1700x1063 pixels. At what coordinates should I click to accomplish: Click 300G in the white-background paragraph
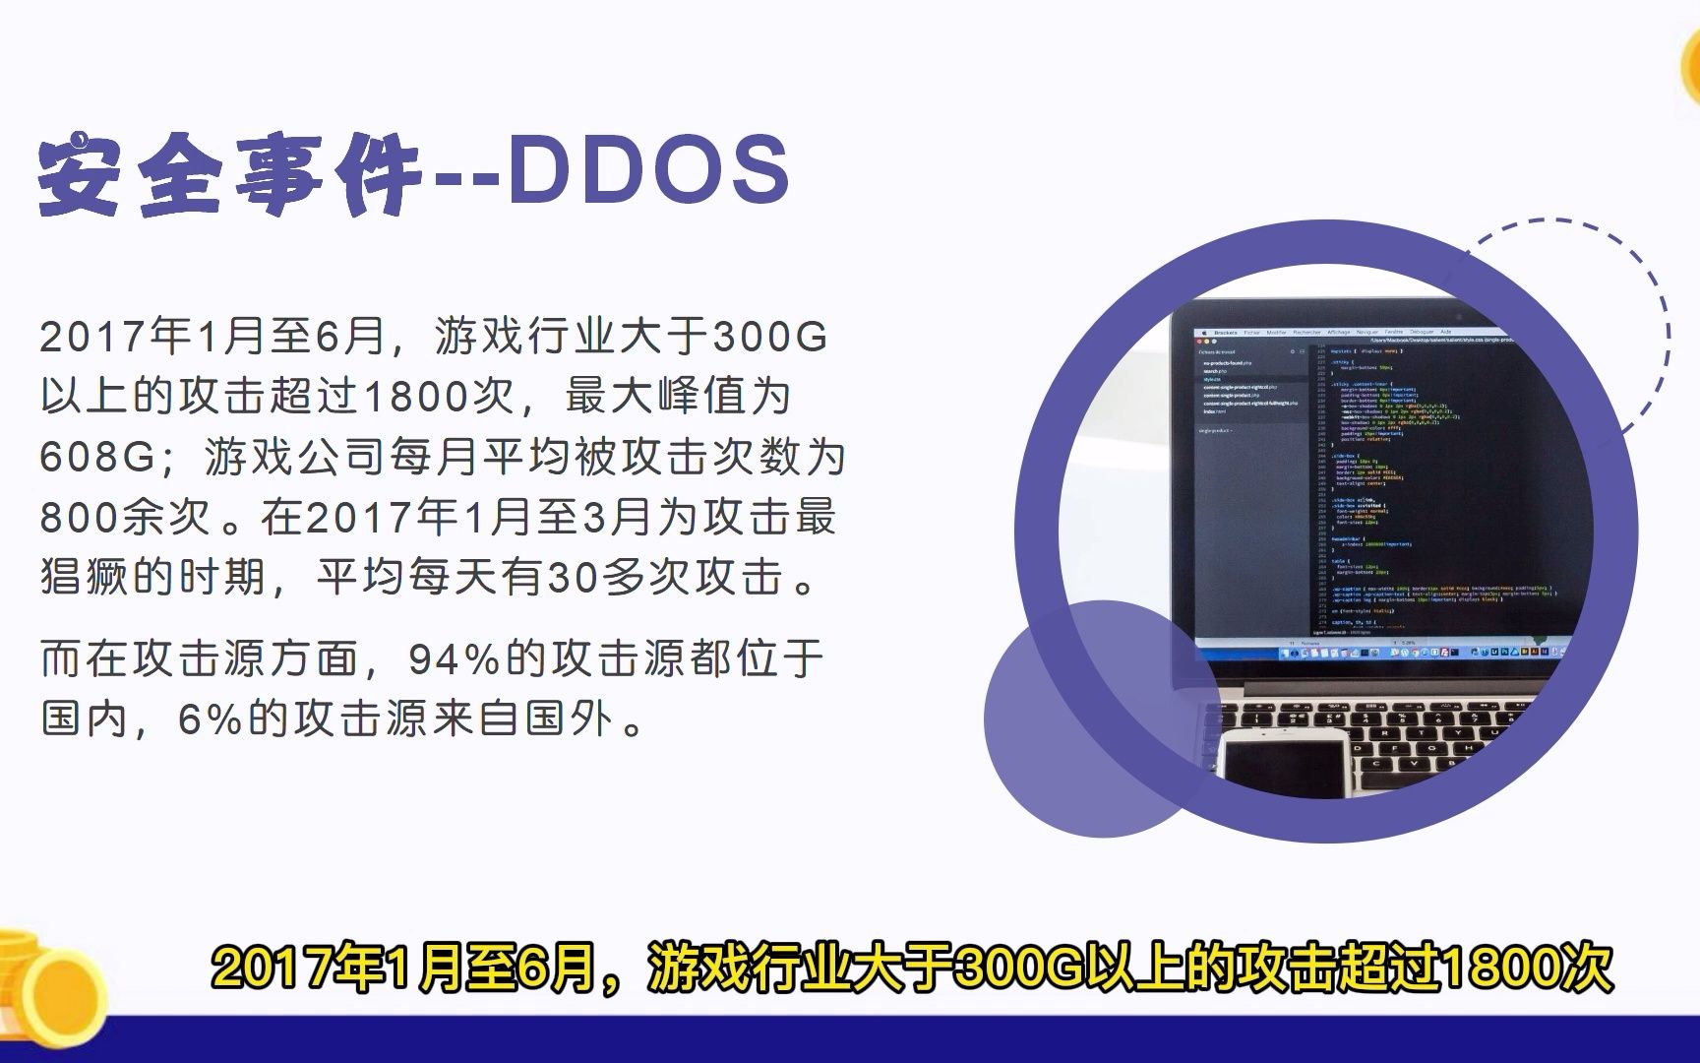[769, 337]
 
